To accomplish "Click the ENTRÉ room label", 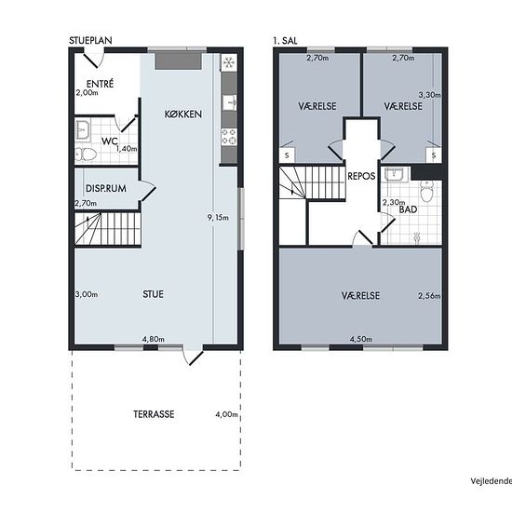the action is tap(100, 84).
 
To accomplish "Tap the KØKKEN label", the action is tap(182, 114).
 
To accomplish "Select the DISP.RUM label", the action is tap(106, 188).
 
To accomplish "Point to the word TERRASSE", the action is tap(154, 414).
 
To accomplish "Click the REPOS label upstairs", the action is tap(361, 176).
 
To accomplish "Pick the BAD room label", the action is tap(408, 209).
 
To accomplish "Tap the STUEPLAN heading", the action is tap(90, 40).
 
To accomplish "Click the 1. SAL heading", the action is tap(285, 40).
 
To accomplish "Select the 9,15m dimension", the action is tap(218, 218).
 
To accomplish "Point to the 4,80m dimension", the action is tap(154, 339).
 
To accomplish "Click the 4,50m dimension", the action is tap(361, 339).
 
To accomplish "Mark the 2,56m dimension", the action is tap(429, 296).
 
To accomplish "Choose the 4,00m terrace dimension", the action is tap(226, 414).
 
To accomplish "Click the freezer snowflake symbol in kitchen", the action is tap(229, 62).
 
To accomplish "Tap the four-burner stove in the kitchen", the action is tap(229, 137).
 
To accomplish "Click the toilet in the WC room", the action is tap(86, 154).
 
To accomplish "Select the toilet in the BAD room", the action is tap(426, 192).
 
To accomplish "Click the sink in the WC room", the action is tap(83, 130).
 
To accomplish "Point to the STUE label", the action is tap(153, 294).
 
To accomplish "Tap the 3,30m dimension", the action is tap(430, 95).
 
